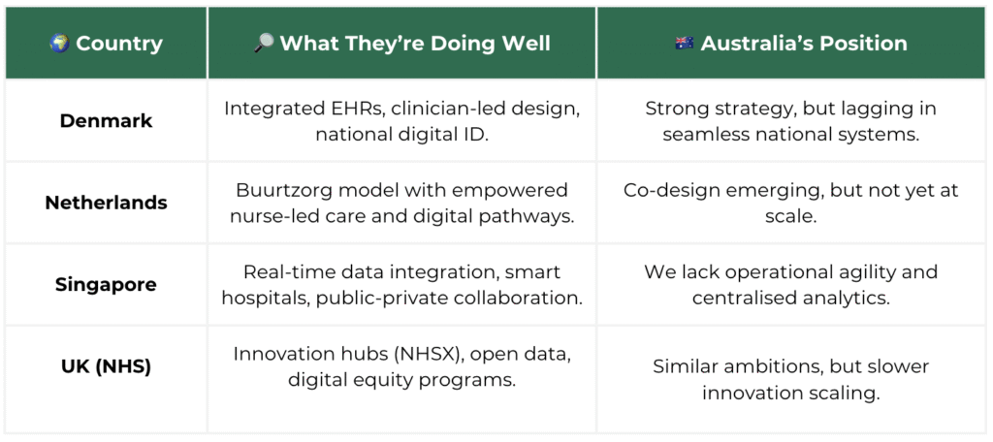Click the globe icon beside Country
point(59,43)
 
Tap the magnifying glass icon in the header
point(263,43)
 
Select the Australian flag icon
point(684,43)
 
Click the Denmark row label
point(107,121)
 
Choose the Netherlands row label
point(107,203)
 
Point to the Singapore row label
point(107,284)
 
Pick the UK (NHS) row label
point(107,366)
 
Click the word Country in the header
point(119,44)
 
